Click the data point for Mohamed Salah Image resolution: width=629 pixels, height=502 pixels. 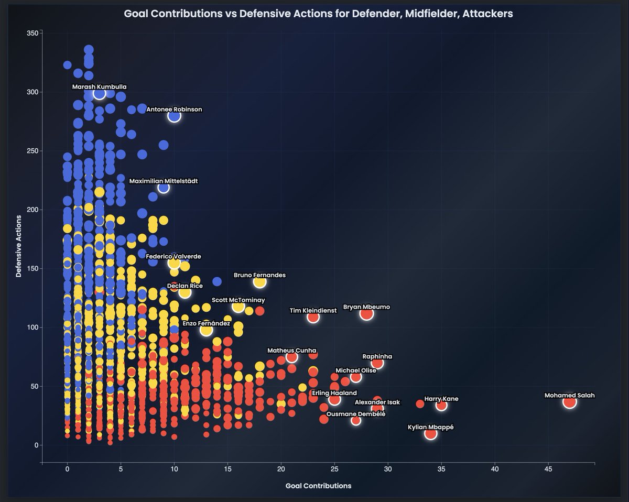(x=570, y=402)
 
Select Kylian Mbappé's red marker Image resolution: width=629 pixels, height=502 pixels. (x=430, y=433)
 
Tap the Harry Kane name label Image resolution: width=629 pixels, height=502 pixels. (x=441, y=399)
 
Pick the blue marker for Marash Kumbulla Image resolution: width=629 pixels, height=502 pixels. (x=100, y=93)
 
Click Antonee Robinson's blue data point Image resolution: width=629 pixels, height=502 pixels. (x=174, y=116)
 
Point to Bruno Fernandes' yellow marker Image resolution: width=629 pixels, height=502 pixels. (x=259, y=282)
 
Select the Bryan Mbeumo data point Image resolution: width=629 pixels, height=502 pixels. (x=366, y=314)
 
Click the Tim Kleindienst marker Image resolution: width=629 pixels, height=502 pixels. (x=313, y=317)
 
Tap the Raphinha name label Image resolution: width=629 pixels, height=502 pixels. (x=377, y=356)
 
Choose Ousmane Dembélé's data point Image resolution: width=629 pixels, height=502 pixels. (x=356, y=420)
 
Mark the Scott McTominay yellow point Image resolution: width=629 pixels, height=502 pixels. (x=238, y=307)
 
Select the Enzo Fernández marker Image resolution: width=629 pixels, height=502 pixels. (x=206, y=330)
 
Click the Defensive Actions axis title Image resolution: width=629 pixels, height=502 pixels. (x=19, y=246)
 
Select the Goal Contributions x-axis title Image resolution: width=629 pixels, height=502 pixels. (x=318, y=486)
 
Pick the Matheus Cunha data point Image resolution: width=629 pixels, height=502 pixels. (x=292, y=357)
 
